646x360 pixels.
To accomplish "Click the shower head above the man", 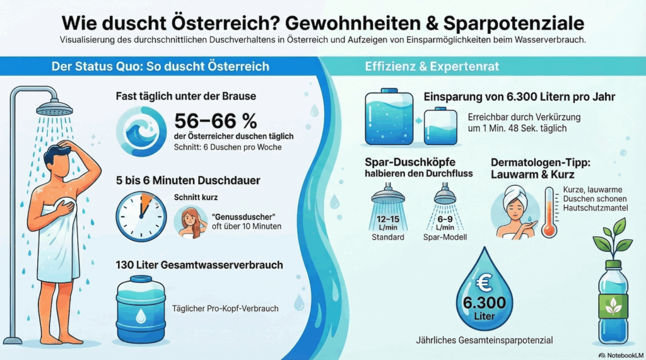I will (54, 108).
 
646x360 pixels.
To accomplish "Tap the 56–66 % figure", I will (217, 120).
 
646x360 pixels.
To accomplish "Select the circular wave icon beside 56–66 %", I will (143, 131).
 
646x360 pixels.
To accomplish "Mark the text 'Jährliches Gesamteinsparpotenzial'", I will (484, 340).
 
